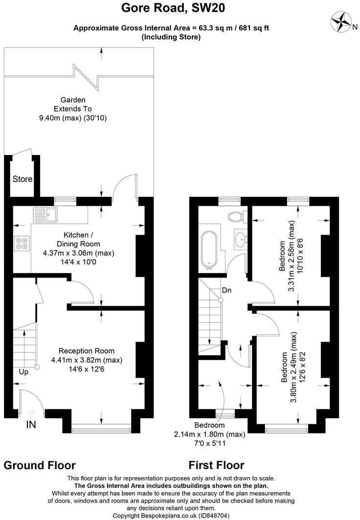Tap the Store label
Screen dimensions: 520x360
[x=22, y=179]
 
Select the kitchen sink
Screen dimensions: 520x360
[x=45, y=213]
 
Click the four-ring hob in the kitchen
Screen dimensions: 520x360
[x=22, y=243]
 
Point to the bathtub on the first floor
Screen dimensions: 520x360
[x=209, y=250]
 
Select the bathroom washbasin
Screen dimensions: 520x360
[x=240, y=239]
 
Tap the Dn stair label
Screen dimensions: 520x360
[x=226, y=290]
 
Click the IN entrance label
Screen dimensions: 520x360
[x=31, y=425]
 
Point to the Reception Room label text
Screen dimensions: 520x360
[x=87, y=351]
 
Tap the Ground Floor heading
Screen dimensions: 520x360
[x=40, y=465]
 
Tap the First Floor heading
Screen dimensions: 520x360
[x=216, y=465]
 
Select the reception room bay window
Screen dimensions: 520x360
[x=102, y=430]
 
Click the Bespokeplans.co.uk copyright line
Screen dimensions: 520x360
[x=171, y=516]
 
